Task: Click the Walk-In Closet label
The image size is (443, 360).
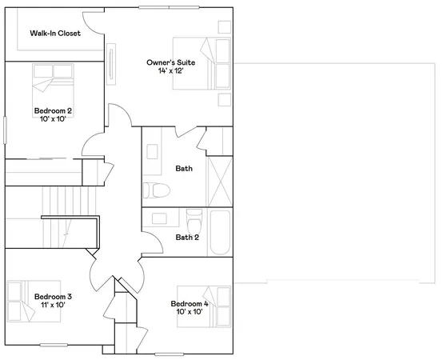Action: click(55, 34)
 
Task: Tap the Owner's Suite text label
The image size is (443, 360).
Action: click(169, 62)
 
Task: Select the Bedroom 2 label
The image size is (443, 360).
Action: click(54, 110)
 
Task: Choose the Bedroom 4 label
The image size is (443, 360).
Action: click(189, 303)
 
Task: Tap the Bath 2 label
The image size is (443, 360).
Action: click(186, 237)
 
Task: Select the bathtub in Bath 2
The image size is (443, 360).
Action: click(220, 232)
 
